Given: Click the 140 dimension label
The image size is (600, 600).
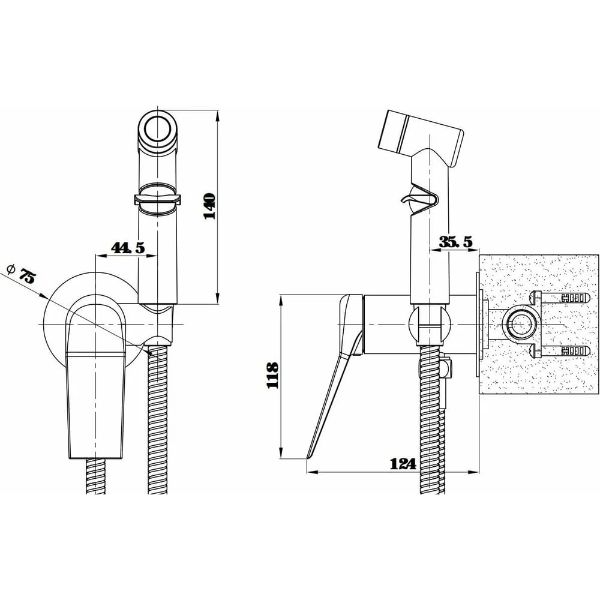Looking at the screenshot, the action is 209,206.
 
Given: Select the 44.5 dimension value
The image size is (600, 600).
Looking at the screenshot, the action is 128,248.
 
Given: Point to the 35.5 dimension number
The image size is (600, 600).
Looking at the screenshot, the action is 455,242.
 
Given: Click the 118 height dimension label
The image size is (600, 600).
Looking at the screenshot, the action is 272,376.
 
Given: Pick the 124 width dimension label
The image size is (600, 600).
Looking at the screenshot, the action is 403,464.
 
